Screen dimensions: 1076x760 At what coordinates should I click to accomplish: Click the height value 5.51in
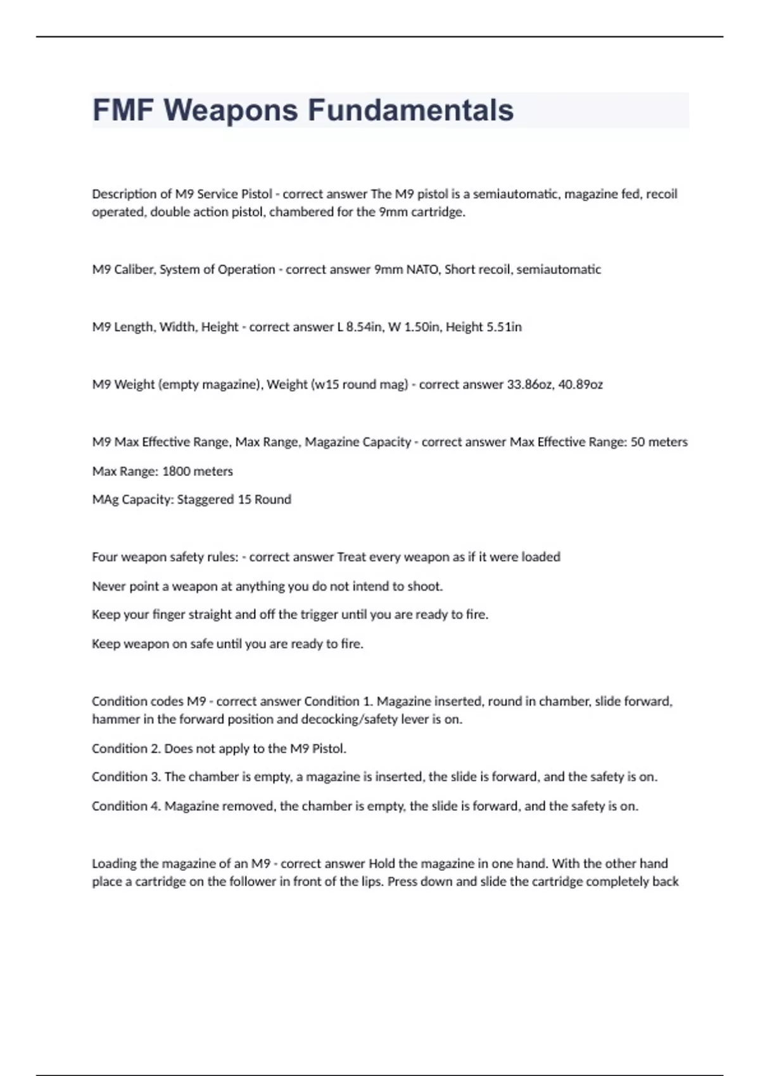point(503,327)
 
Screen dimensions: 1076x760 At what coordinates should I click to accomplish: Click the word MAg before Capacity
point(105,500)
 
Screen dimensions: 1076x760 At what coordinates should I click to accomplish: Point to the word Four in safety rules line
point(104,558)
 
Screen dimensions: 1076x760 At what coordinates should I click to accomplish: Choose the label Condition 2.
point(126,749)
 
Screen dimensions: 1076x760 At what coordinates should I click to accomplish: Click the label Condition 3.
point(126,777)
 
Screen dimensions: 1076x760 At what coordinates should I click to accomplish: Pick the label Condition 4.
point(126,806)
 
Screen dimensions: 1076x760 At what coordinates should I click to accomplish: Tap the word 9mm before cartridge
point(393,213)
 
